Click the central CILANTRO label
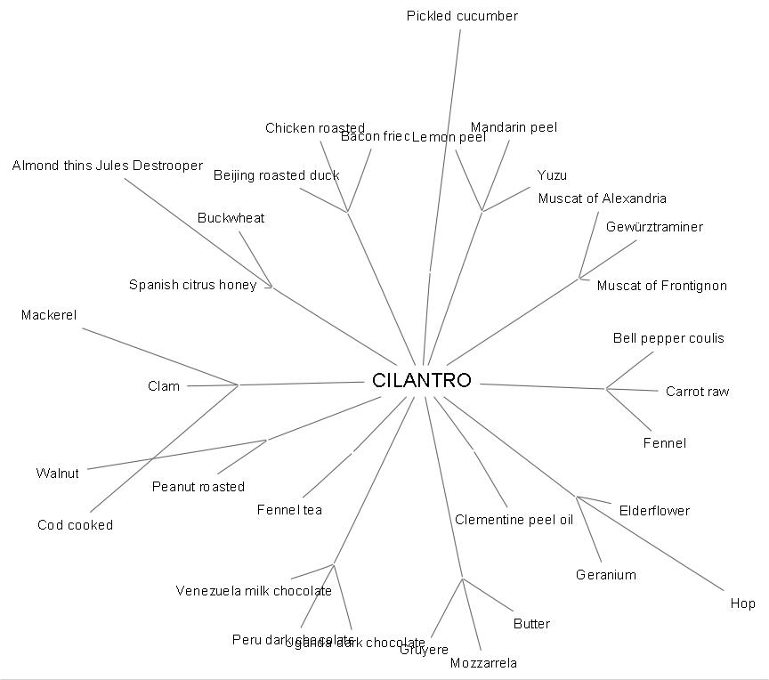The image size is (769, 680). (x=421, y=381)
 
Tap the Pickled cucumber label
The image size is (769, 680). (x=462, y=16)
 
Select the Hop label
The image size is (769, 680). (x=742, y=603)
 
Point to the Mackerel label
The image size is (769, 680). (x=49, y=315)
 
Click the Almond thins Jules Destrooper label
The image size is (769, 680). (x=108, y=166)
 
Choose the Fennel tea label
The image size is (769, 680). (x=289, y=510)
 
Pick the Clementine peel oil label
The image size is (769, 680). (x=514, y=520)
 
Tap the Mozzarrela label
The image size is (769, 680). (x=483, y=663)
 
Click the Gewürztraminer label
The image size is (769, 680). (x=654, y=227)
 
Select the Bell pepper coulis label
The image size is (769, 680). (x=668, y=338)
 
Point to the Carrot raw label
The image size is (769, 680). (x=697, y=392)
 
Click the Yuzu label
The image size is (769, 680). (x=552, y=175)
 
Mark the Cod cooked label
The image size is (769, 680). (x=75, y=525)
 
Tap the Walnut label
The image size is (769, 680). (x=57, y=474)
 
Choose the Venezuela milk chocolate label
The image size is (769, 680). (x=254, y=591)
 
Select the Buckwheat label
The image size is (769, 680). (x=231, y=218)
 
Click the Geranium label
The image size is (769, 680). (x=605, y=575)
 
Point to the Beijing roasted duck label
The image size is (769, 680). (x=276, y=175)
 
